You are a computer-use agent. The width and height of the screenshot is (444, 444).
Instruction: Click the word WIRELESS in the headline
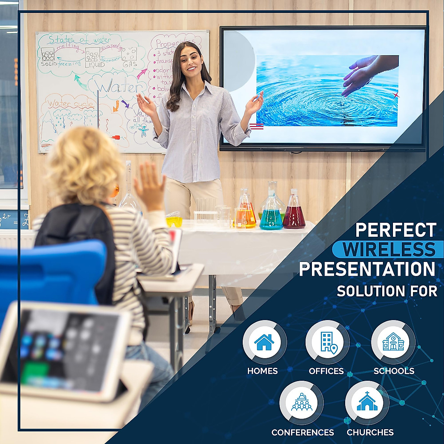point(388,249)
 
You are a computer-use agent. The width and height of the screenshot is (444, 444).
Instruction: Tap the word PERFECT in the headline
point(396,230)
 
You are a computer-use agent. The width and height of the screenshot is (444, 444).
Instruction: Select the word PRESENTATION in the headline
point(367,269)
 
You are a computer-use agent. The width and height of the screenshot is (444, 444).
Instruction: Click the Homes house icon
point(264,342)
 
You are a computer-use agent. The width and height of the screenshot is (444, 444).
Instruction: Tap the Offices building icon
point(327,342)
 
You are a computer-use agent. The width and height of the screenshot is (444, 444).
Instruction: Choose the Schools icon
point(393,342)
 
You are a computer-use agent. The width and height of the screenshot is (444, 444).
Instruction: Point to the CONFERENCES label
point(302,432)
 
